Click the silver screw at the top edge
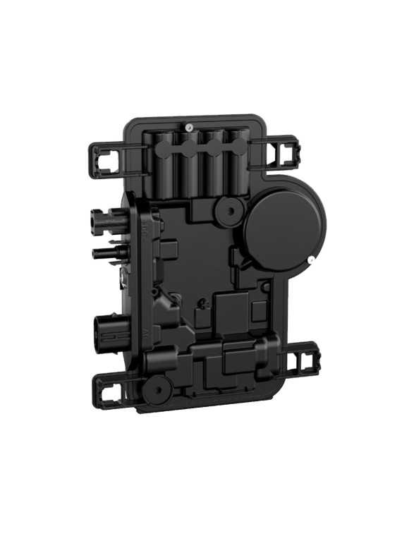coord(190,127)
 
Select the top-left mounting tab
coord(106,160)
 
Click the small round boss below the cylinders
coord(228,209)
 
